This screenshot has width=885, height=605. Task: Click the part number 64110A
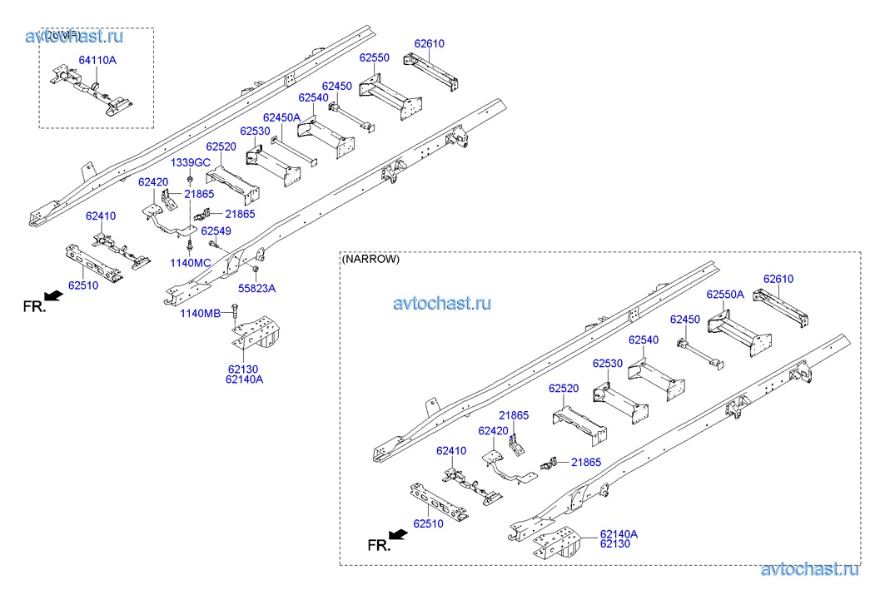97,61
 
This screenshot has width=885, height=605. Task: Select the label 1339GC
191,162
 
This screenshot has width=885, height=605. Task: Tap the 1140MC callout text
191,263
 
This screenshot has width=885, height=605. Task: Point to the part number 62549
216,231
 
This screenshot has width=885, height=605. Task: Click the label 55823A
257,288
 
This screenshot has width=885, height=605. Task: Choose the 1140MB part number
201,313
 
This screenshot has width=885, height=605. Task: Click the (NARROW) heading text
371,259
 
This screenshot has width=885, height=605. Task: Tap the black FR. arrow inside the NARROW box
398,534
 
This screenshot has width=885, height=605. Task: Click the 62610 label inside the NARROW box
779,279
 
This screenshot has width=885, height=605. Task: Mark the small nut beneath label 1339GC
191,179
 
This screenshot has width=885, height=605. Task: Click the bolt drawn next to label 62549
215,245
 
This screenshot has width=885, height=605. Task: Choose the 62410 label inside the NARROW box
450,451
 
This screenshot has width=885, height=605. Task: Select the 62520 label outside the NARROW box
221,147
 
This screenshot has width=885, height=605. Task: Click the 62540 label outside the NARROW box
313,97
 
